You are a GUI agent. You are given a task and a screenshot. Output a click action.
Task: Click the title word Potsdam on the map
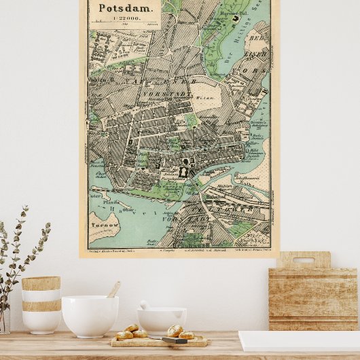coord(120,8)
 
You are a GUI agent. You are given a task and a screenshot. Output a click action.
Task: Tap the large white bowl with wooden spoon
coord(90,315)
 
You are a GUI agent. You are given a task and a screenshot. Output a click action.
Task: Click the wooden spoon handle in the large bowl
coord(114,289)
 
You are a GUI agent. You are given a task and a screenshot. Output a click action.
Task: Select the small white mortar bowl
coord(162,320)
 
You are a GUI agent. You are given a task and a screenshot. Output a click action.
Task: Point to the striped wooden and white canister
coord(41,304)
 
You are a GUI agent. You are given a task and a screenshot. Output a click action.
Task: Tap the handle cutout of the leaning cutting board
coord(304,259)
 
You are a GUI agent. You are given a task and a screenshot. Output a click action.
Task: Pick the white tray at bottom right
coord(299,341)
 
